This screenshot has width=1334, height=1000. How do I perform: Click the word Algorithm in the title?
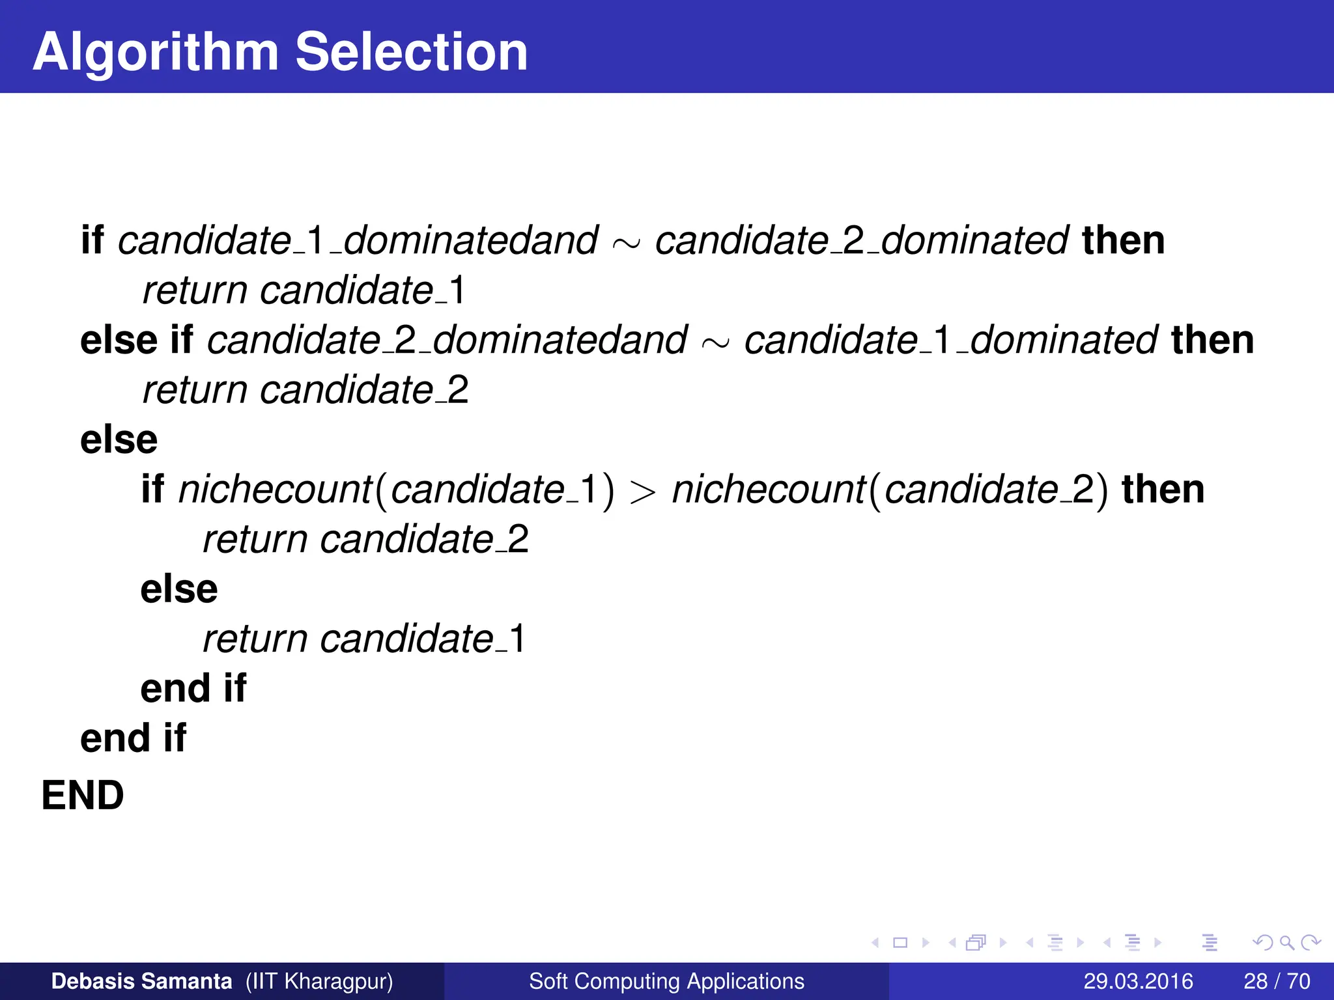[x=156, y=52]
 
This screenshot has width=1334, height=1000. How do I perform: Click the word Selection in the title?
[x=411, y=52]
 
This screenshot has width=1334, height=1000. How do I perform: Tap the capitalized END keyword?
[x=83, y=795]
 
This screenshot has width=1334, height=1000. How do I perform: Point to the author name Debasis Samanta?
[x=141, y=981]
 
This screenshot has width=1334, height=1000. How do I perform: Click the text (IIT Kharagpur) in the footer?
[x=319, y=981]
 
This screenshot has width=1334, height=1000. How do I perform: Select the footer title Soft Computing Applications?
[x=666, y=981]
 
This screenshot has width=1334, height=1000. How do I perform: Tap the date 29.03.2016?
[x=1138, y=981]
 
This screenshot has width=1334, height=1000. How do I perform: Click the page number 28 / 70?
[x=1277, y=981]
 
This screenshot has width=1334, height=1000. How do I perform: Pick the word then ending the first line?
[x=1123, y=240]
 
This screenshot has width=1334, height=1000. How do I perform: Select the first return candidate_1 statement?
[x=304, y=290]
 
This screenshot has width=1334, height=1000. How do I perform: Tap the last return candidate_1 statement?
[x=364, y=639]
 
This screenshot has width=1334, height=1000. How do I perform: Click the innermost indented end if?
[x=193, y=688]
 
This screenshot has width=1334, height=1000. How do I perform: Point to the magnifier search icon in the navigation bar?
[x=1286, y=942]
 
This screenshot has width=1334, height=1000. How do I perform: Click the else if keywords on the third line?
[x=136, y=340]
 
